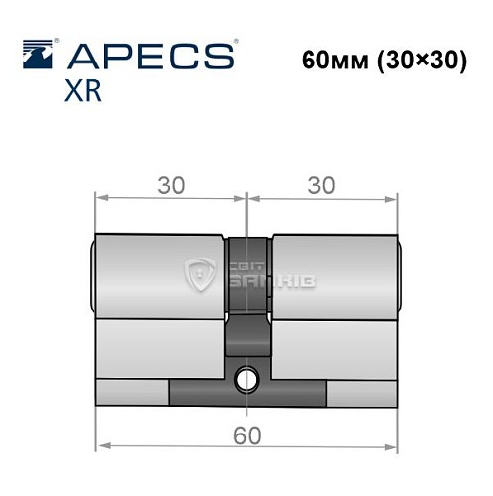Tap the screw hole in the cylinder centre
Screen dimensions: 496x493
coord(246,378)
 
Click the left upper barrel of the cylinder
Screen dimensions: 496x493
coord(159,276)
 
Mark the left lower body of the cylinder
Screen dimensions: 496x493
coord(159,347)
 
